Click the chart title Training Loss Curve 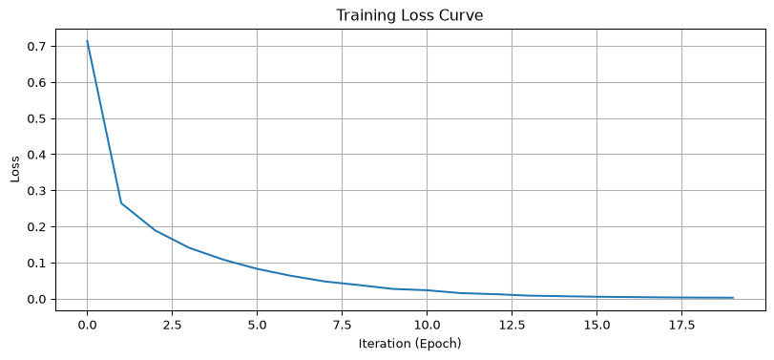[409, 15]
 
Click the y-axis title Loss [15, 169]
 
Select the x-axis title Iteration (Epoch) [409, 344]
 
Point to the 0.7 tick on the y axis [39, 47]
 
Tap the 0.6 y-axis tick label [39, 82]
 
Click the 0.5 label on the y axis [39, 118]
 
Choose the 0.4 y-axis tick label [39, 155]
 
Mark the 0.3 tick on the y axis [39, 191]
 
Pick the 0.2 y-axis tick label [39, 227]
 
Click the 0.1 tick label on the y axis [39, 264]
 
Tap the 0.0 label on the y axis [39, 299]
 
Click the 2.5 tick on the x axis [172, 326]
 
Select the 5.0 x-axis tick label [257, 326]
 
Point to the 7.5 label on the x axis [342, 326]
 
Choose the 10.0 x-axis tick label [427, 326]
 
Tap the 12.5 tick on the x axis [512, 326]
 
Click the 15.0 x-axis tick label [596, 326]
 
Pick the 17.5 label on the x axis [681, 326]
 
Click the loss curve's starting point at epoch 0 [88, 41]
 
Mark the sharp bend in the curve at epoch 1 [121, 203]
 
